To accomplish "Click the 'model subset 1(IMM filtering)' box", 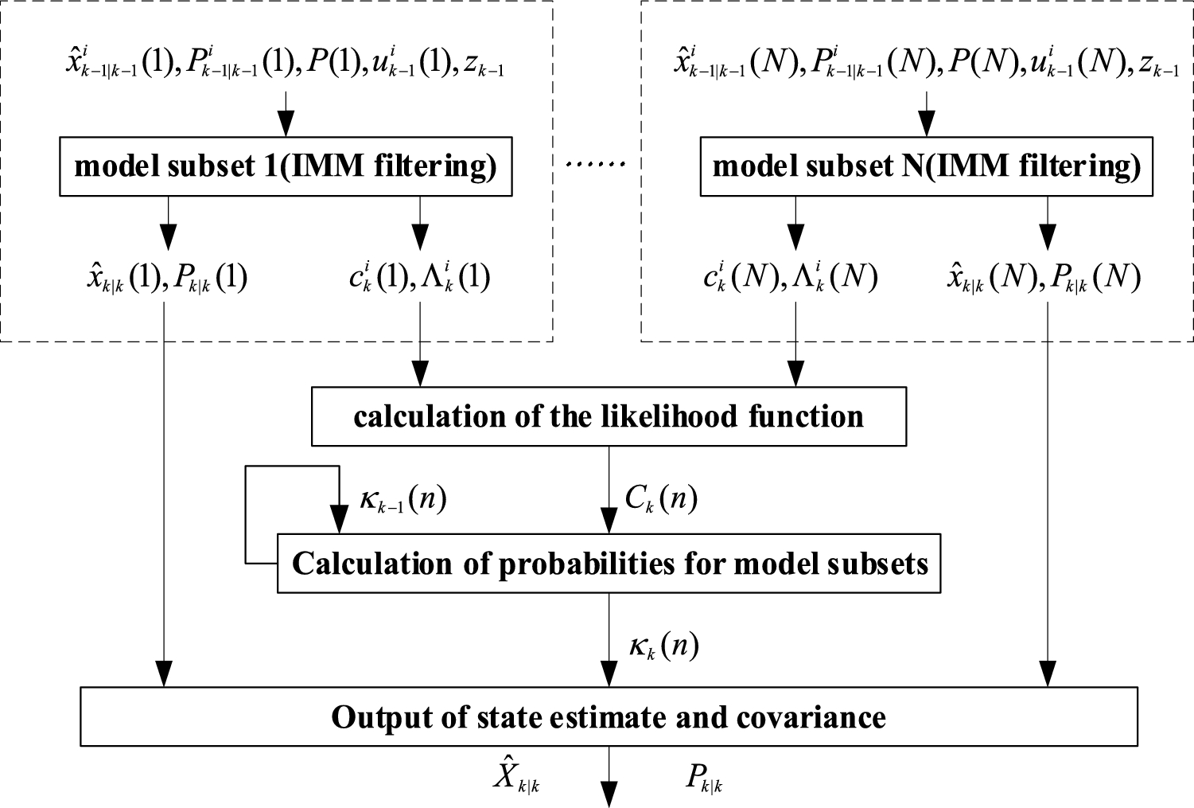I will (x=286, y=167).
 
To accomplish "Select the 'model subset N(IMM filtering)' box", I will (x=926, y=167).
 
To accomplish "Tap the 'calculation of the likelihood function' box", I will (x=609, y=417).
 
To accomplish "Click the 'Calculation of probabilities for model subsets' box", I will (x=609, y=564).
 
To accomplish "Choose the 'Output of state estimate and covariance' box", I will (x=609, y=717).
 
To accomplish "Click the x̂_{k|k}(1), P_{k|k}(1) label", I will (x=167, y=277).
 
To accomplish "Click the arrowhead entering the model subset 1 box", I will (x=286, y=127).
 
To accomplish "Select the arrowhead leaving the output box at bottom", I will (x=609, y=797).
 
